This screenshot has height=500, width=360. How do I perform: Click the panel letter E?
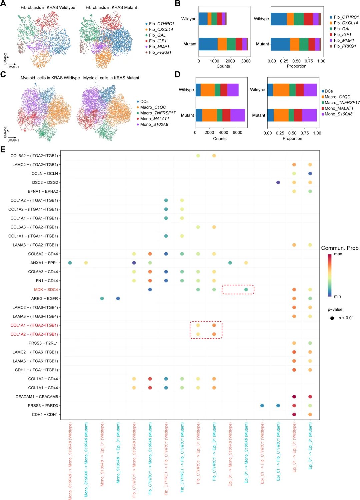coord(3,149)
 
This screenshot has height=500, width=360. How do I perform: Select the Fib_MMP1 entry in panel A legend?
coord(159,47)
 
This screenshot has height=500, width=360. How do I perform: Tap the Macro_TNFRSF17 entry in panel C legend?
coord(158,113)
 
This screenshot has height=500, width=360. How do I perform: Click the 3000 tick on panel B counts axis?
coord(246,61)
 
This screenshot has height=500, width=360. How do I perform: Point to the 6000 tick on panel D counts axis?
coord(237,132)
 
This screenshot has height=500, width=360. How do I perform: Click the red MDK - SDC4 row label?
coord(46,290)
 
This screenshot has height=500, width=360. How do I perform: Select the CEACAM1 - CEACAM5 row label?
coord(37,397)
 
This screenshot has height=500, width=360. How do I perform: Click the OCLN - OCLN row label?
coord(45,173)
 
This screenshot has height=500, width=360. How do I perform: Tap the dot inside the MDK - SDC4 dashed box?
coord(246,290)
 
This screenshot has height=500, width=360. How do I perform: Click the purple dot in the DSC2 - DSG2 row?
coord(278,182)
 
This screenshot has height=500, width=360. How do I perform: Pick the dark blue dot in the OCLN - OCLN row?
coord(310,173)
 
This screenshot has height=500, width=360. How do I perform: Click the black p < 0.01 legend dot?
coord(332,318)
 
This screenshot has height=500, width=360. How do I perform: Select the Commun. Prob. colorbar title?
coord(340,248)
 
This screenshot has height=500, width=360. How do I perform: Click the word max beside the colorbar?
coord(338,254)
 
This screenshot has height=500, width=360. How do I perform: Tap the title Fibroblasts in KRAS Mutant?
coord(111,7)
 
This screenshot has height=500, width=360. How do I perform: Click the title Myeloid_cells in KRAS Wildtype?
coord(50,78)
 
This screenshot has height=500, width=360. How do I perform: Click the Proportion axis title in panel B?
coord(296,66)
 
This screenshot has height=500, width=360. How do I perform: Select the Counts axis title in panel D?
coord(220,138)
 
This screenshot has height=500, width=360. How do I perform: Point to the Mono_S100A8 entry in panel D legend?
coord(338,114)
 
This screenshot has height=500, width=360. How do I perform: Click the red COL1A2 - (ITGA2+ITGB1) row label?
coord(34,334)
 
